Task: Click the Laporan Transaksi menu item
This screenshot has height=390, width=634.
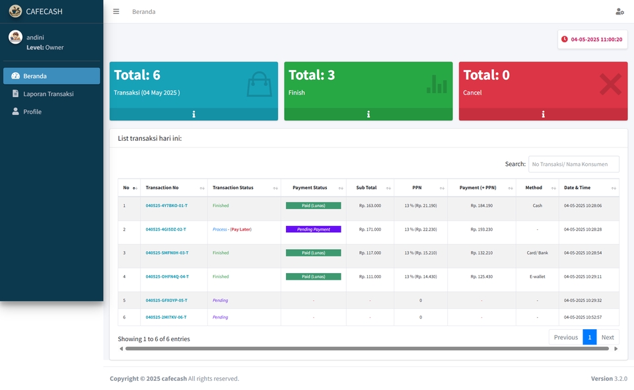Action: click(48, 94)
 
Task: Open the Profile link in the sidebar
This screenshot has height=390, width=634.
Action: click(32, 112)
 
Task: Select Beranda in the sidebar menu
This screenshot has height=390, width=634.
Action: click(35, 76)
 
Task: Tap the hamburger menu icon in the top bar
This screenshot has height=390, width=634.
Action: click(116, 11)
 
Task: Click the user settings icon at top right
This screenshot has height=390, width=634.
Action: click(619, 11)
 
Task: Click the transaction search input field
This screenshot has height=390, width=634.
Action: click(573, 164)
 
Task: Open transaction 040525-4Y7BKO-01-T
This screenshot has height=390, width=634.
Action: click(166, 206)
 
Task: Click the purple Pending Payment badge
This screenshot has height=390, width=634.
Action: click(313, 229)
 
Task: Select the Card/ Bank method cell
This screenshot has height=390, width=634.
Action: click(537, 253)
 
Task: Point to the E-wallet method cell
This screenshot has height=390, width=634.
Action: click(537, 277)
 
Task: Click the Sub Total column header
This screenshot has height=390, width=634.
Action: click(366, 188)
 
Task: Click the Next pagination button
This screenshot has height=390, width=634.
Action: click(608, 337)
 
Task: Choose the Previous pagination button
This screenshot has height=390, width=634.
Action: click(565, 337)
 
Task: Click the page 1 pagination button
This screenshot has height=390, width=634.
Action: click(589, 337)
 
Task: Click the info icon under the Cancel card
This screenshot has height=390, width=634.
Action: click(543, 114)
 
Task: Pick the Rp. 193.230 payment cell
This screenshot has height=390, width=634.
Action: click(481, 229)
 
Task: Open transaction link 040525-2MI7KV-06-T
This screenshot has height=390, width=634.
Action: click(166, 317)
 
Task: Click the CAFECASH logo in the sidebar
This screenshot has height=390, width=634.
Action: click(15, 11)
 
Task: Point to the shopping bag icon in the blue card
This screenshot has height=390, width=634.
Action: click(259, 85)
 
